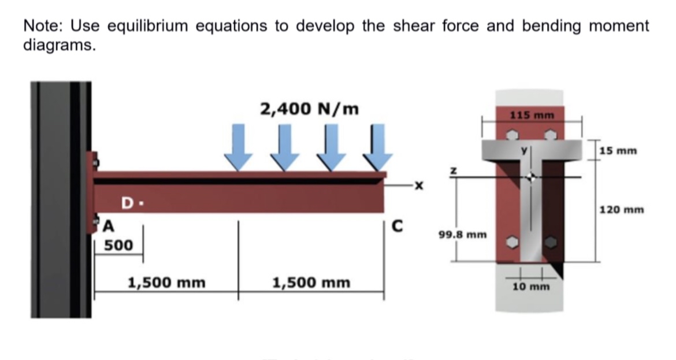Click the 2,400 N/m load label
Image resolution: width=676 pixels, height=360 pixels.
tap(309, 109)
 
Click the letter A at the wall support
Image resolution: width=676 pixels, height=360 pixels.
tap(107, 226)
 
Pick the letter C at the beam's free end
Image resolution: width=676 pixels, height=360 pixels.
tap(397, 226)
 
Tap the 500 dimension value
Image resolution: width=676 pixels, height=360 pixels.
tap(118, 246)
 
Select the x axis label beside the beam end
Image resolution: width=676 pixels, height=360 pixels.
tap(418, 186)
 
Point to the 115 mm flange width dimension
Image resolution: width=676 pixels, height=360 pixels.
tap(532, 115)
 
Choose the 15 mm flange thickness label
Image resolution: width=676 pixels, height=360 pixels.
tap(618, 151)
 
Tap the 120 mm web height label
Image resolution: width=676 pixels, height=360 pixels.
tap(623, 209)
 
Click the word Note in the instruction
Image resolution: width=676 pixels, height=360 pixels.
tap(42, 26)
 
